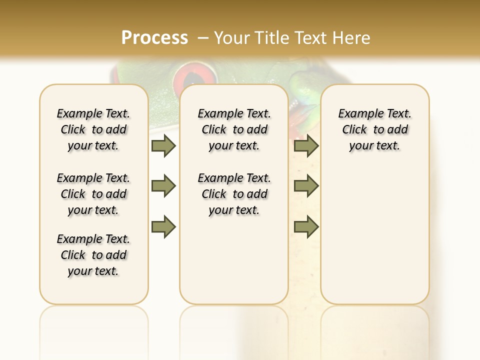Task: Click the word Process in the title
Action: pyautogui.click(x=154, y=37)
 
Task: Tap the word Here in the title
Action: pyautogui.click(x=352, y=37)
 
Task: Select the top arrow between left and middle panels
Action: pyautogui.click(x=163, y=145)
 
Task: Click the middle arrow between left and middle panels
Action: pyautogui.click(x=163, y=186)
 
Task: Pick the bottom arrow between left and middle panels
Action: pyautogui.click(x=163, y=226)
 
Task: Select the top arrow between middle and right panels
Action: pyautogui.click(x=306, y=145)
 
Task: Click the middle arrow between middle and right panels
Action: pyautogui.click(x=306, y=186)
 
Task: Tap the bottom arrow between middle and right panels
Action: pyautogui.click(x=306, y=226)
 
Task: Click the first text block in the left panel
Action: pyautogui.click(x=93, y=129)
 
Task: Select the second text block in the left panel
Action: pyautogui.click(x=93, y=194)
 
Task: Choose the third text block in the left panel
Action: pyautogui.click(x=93, y=255)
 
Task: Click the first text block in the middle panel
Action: pyautogui.click(x=234, y=129)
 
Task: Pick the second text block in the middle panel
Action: pyautogui.click(x=234, y=194)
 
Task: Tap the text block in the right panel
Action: pyautogui.click(x=374, y=129)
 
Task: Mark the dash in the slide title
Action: pyautogui.click(x=203, y=37)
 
